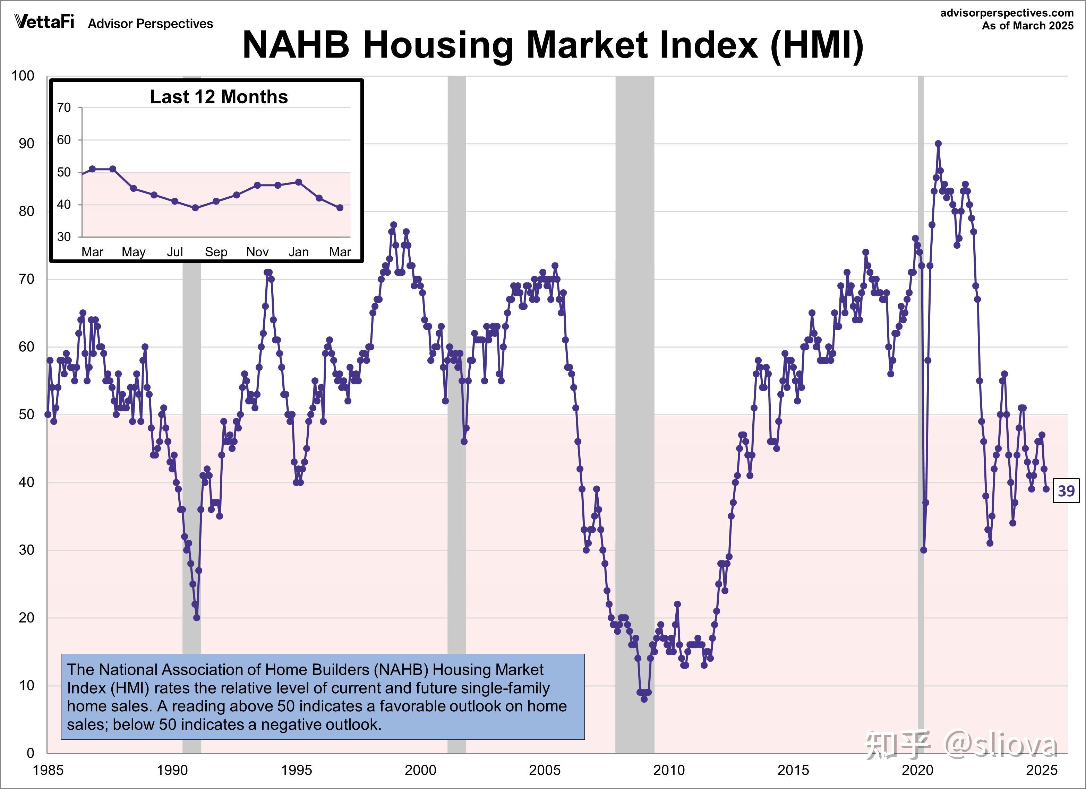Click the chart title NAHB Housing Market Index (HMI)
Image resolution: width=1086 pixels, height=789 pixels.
(553, 45)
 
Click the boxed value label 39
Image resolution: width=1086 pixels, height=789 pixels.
(1066, 491)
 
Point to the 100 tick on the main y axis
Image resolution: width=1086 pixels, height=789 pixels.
(23, 76)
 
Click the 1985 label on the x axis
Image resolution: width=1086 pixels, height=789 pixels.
(48, 770)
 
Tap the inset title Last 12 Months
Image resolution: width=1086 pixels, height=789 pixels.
(219, 97)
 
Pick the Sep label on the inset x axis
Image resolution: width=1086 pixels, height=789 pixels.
(216, 252)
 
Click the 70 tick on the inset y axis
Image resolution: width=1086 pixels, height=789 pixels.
(64, 108)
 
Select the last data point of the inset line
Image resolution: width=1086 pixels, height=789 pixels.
(340, 208)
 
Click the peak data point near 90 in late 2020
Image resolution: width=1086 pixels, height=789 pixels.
(938, 144)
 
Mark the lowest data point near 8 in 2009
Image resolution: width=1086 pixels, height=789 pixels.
(644, 699)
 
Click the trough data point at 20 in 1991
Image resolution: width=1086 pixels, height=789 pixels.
(197, 618)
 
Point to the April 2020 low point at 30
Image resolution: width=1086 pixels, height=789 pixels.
(924, 550)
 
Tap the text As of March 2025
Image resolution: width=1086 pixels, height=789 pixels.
(1028, 26)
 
